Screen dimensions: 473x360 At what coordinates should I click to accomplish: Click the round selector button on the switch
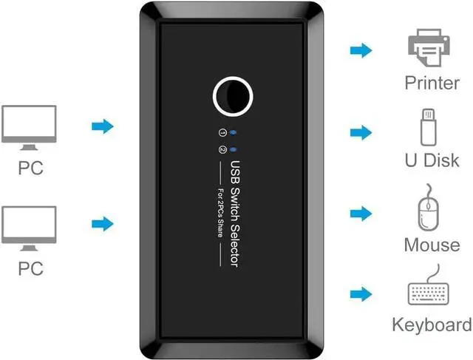point(233,97)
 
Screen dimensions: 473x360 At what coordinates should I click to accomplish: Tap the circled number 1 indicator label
point(222,132)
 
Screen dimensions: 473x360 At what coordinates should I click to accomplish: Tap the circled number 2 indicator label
point(222,149)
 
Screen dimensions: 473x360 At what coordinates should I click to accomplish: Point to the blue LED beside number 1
point(234,132)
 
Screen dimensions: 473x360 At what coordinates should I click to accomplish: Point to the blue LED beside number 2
point(234,149)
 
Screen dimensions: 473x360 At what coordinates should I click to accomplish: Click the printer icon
point(429,47)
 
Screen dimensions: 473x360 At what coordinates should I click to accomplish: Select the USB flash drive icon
point(429,127)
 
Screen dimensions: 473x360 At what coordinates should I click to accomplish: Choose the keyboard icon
point(429,285)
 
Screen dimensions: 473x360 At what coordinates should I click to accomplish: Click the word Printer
point(432,83)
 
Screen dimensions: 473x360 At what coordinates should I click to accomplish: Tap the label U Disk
point(432,160)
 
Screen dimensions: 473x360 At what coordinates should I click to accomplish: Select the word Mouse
point(432,245)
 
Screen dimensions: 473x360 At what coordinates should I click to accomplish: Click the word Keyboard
point(432,325)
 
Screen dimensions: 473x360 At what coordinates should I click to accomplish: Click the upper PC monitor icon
point(29,128)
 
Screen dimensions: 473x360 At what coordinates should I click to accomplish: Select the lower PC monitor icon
point(29,228)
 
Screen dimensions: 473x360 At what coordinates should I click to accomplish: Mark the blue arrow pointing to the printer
point(361,50)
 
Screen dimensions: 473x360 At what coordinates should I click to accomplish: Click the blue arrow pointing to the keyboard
point(361,294)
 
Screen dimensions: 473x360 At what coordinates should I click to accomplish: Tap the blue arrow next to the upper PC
point(103,126)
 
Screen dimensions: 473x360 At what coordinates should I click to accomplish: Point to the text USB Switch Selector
point(235,214)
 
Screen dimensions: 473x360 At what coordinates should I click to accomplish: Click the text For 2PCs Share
point(221,212)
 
